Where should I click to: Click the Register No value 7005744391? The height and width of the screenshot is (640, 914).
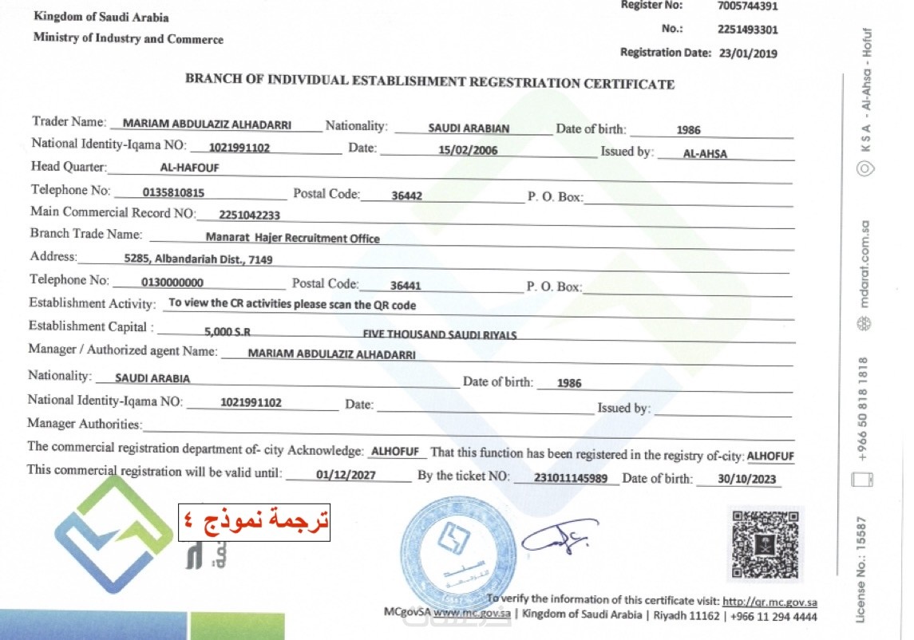click(x=747, y=6)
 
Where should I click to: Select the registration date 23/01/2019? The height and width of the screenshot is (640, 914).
click(x=746, y=53)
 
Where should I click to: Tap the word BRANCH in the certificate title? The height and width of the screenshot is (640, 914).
click(x=210, y=81)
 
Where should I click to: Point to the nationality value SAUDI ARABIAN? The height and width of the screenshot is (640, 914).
click(x=469, y=128)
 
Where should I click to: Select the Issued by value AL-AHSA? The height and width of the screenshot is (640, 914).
click(x=706, y=154)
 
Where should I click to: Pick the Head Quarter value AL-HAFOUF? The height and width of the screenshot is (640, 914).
click(x=189, y=168)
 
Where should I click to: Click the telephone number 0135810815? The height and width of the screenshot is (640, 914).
click(x=172, y=192)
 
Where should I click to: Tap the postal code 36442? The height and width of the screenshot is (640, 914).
click(x=406, y=194)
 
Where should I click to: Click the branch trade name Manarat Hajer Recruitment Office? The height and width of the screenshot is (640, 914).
click(x=292, y=238)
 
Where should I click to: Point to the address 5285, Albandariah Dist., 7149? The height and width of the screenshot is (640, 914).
click(x=199, y=259)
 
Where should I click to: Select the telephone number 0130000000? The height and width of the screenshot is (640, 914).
click(x=172, y=282)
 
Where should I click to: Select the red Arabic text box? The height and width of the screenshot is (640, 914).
click(x=254, y=522)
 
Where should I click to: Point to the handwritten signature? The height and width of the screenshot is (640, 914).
click(x=559, y=541)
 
